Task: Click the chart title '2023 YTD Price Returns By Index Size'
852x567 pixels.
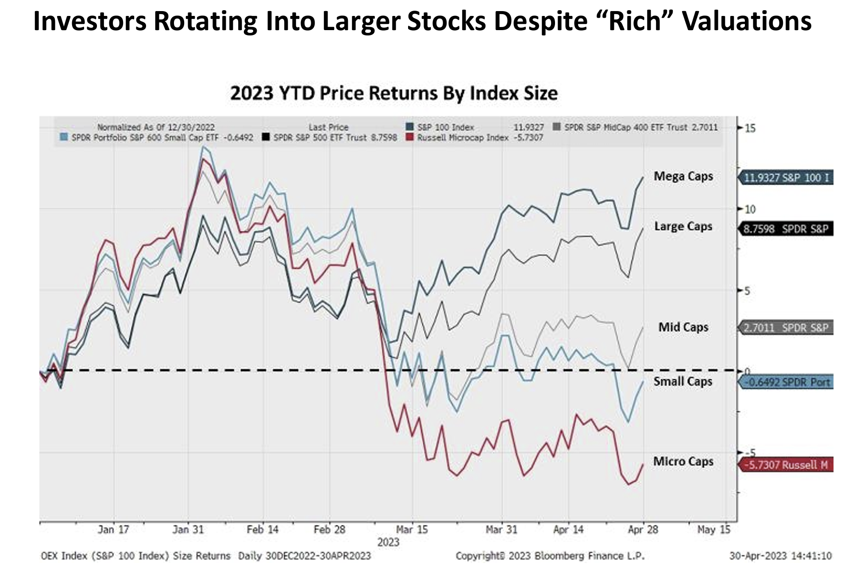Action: [393, 93]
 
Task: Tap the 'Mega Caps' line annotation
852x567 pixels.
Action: [683, 176]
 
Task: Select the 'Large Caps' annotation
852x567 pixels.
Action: [683, 226]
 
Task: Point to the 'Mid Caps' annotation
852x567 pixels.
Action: [683, 327]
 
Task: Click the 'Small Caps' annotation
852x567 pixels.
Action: [683, 381]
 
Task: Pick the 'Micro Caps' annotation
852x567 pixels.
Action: [683, 462]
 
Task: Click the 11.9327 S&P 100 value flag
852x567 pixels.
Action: [786, 178]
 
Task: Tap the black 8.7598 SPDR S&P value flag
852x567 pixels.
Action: [786, 229]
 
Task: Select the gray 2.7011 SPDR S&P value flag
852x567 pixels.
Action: [786, 328]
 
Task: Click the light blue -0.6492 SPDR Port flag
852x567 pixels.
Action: [786, 382]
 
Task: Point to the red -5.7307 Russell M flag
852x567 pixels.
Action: [786, 465]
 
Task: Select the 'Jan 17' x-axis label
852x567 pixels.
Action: [113, 529]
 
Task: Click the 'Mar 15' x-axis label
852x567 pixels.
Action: [412, 529]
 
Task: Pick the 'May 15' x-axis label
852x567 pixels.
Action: [713, 529]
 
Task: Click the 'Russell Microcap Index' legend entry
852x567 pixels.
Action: [463, 138]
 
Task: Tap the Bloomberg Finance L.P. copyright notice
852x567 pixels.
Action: [550, 556]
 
